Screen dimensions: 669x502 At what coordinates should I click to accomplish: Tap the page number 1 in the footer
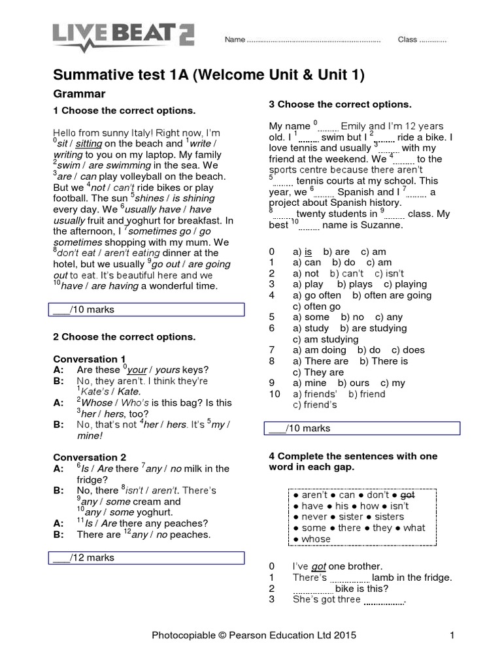(452, 634)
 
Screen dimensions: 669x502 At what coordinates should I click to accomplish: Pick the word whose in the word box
(316, 539)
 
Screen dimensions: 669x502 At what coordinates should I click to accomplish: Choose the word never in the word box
(316, 517)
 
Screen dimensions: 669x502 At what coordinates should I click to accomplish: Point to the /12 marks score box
(147, 557)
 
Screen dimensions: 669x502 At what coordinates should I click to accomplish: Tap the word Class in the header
(407, 40)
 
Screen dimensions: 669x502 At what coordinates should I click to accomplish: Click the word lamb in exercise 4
(384, 578)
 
